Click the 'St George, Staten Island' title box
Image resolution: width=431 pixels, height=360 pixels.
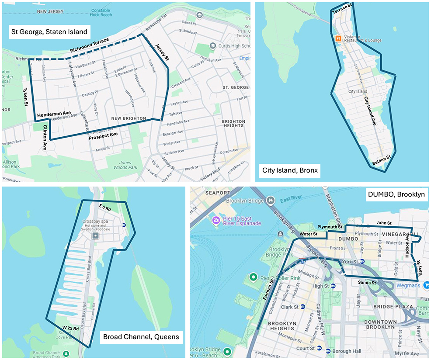click(49, 31)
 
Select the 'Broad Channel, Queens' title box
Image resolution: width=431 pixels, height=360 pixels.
click(141, 337)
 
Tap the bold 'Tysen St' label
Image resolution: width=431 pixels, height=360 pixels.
click(25, 97)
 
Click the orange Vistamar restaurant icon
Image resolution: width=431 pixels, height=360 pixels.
click(337, 38)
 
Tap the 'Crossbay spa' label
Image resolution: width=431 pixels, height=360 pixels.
click(95, 222)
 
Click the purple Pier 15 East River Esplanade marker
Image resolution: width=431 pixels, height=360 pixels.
click(215, 220)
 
